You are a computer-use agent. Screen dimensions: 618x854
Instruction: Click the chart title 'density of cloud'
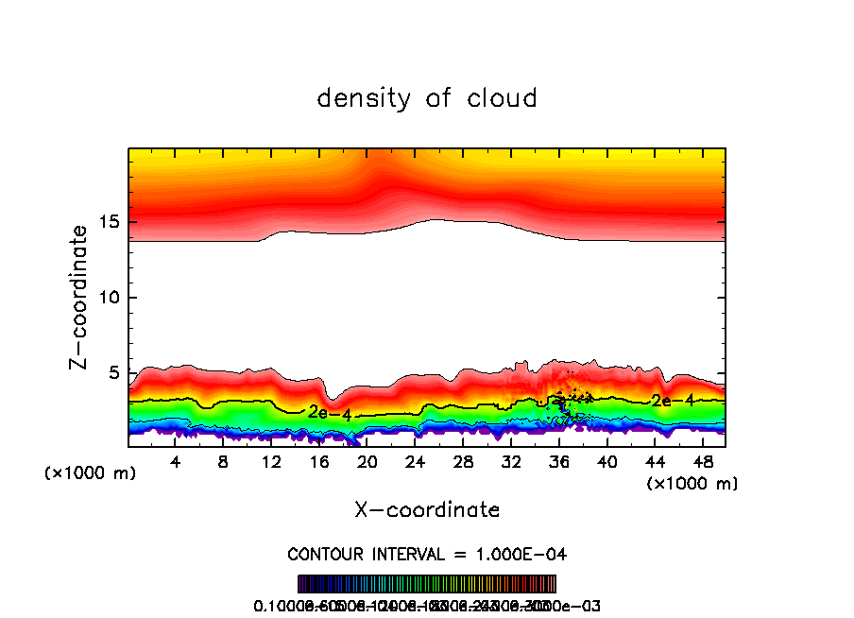pyautogui.click(x=427, y=98)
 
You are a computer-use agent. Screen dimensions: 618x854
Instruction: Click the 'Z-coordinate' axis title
pyautogui.click(x=81, y=297)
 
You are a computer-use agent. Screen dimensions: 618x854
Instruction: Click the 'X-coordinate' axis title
pyautogui.click(x=427, y=510)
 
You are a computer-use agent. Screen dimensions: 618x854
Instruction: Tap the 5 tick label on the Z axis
pyautogui.click(x=111, y=373)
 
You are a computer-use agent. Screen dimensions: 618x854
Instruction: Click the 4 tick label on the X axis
pyautogui.click(x=176, y=462)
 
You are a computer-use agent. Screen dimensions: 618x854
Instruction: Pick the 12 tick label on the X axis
pyautogui.click(x=271, y=462)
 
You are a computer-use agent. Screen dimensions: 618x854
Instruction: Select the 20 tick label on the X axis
pyautogui.click(x=367, y=462)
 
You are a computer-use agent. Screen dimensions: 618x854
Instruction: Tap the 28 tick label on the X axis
pyautogui.click(x=463, y=462)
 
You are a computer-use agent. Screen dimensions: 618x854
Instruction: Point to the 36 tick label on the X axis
pyautogui.click(x=558, y=462)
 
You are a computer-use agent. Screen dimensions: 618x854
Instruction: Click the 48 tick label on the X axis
pyautogui.click(x=702, y=462)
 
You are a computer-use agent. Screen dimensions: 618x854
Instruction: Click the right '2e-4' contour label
pyautogui.click(x=673, y=401)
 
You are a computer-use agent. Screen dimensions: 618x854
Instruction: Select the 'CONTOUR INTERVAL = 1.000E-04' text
pyautogui.click(x=427, y=554)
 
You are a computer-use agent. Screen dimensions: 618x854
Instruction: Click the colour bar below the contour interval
pyautogui.click(x=427, y=583)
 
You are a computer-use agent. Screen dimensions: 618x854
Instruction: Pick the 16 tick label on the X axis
pyautogui.click(x=319, y=462)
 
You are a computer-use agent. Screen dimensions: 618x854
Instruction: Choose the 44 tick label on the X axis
pyautogui.click(x=654, y=462)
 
